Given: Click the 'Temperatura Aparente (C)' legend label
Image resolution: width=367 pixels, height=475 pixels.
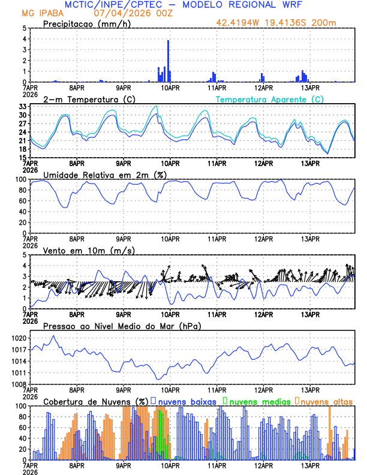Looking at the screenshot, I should pos(269,99).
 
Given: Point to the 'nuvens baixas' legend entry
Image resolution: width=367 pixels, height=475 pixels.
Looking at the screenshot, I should pos(185,401).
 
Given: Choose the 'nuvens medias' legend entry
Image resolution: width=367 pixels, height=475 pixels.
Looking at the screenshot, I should pos(257,401).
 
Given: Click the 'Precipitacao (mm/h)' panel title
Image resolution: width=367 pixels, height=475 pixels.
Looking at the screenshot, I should pos(85,24).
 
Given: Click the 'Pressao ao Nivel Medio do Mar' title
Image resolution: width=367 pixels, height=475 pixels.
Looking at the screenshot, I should pos(122,326).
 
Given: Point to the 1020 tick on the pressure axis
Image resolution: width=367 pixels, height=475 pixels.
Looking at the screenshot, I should pos(19,338).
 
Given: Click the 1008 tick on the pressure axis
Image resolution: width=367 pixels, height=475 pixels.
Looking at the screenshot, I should pos(19,384).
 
